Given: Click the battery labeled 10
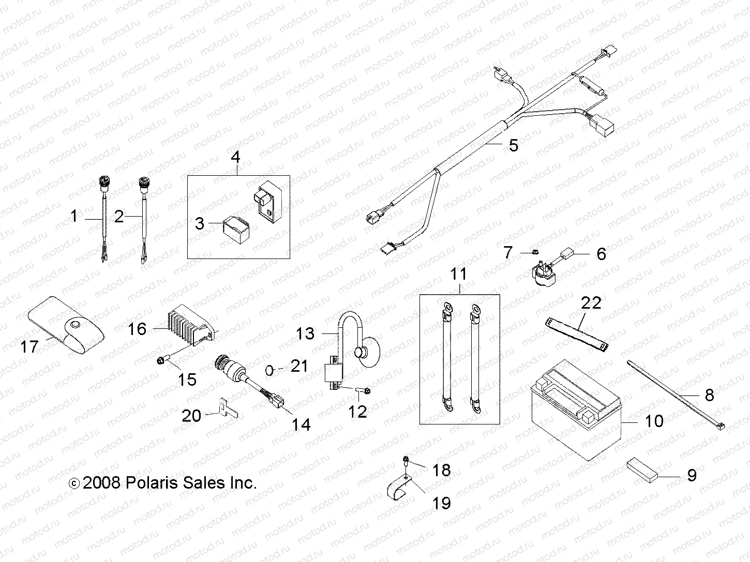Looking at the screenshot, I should click(x=574, y=414).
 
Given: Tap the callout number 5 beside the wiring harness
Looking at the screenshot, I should click(x=513, y=145).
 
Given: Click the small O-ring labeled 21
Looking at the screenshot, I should click(x=269, y=370).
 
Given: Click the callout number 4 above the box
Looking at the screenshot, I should click(x=235, y=157).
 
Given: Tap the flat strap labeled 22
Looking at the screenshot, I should click(x=577, y=333).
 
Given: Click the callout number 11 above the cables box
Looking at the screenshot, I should click(x=458, y=274).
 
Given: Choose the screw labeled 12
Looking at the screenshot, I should click(x=366, y=391).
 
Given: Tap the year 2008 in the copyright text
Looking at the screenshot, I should click(x=101, y=483).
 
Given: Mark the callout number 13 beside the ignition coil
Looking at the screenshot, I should click(x=305, y=333).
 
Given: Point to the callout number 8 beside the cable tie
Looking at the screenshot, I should click(x=709, y=395).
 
